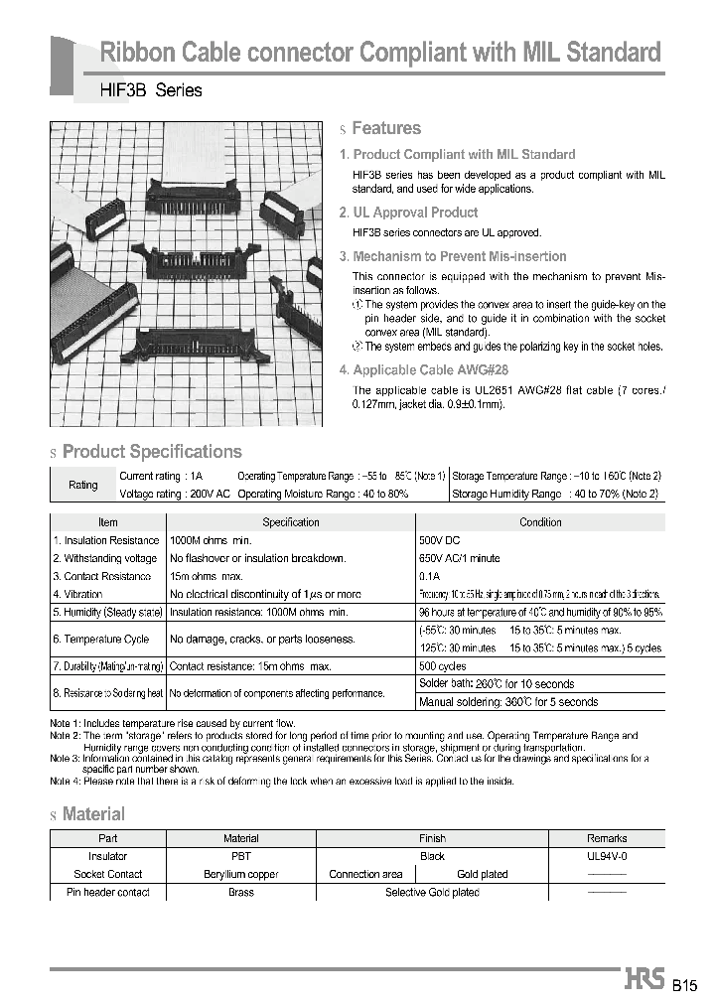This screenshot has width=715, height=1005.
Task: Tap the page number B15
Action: [x=685, y=986]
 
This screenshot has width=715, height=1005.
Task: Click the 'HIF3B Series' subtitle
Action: [x=151, y=90]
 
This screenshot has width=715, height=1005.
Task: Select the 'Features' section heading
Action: [x=386, y=128]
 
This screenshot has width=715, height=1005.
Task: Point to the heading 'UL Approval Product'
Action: [x=415, y=213]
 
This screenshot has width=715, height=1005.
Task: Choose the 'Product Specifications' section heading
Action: [x=152, y=452]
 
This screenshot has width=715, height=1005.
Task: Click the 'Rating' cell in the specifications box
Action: [x=83, y=485]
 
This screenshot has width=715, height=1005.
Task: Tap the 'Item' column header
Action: [x=108, y=522]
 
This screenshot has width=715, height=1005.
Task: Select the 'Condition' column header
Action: [x=540, y=522]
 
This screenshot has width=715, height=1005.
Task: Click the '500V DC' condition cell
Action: [x=441, y=540]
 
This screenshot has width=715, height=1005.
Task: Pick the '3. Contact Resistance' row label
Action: [x=102, y=576]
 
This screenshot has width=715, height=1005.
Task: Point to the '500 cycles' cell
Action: [x=444, y=666]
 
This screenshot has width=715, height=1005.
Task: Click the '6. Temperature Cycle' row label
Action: [x=101, y=639]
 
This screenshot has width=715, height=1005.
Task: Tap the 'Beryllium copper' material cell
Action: [x=241, y=874]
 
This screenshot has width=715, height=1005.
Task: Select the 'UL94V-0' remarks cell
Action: [x=607, y=856]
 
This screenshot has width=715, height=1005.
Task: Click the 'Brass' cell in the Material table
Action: [x=241, y=892]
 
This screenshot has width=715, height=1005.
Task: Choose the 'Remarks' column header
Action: [x=607, y=838]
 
